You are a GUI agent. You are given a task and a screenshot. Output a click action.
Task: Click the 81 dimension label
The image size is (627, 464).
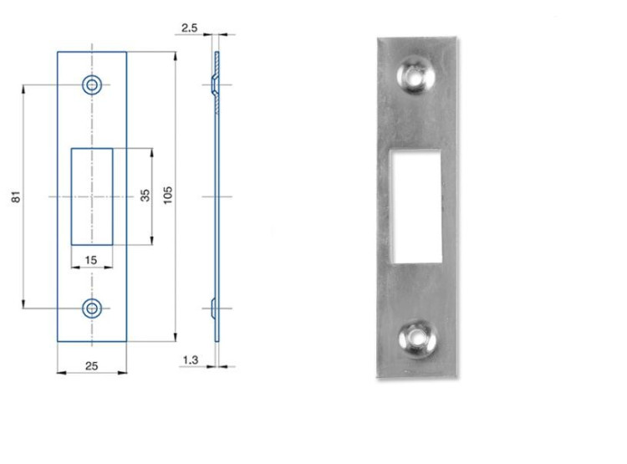16,196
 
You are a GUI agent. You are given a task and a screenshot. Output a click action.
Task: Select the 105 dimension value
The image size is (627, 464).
168,195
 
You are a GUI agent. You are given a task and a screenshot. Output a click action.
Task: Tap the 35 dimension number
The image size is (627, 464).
145,195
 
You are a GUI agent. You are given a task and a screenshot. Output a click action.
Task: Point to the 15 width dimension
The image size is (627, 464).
91,260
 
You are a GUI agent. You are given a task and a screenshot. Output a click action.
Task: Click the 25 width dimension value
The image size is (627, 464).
92,366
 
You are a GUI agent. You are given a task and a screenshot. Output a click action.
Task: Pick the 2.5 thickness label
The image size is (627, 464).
190,28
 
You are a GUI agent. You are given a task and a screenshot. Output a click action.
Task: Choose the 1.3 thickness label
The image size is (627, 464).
191,360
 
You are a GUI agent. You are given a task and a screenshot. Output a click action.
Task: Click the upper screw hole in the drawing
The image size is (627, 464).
92,84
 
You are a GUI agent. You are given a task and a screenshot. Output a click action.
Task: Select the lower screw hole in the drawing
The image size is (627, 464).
92,308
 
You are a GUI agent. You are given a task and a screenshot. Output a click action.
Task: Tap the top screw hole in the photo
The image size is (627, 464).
415,74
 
